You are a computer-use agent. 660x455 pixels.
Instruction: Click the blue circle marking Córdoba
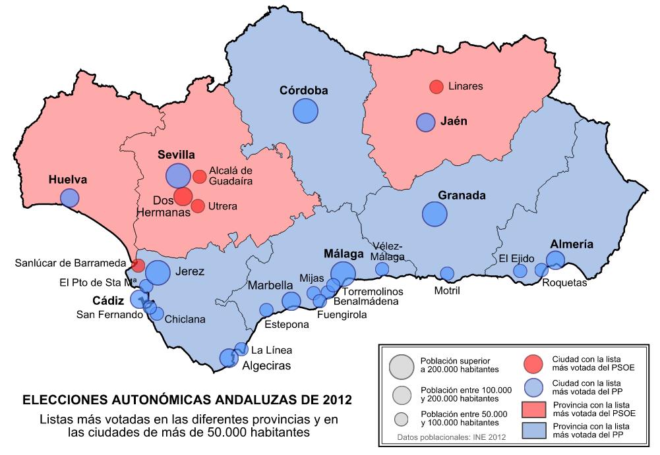tap(305, 111)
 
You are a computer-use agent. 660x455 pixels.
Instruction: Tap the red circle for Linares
tap(436, 86)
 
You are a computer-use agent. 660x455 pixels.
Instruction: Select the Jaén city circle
tap(426, 122)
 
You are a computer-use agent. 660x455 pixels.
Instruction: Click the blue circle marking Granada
tap(435, 213)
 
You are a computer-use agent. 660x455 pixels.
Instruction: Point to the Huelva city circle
tap(69, 198)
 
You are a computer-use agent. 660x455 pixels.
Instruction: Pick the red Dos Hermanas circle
tap(183, 196)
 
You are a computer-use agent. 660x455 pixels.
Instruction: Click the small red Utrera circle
tap(197, 206)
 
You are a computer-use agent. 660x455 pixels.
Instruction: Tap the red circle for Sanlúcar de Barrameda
tap(138, 265)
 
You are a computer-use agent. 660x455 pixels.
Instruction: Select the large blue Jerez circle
tap(158, 273)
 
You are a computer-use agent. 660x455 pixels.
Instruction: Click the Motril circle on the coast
tap(447, 273)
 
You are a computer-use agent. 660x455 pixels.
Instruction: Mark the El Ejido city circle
tap(520, 271)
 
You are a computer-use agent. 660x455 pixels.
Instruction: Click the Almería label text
tap(571, 244)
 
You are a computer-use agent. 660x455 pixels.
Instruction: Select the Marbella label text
tap(270, 285)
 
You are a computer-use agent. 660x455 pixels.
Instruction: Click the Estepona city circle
tap(266, 309)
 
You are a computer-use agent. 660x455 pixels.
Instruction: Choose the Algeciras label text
tap(266, 365)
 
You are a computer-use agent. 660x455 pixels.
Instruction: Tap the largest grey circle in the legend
tap(402, 366)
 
